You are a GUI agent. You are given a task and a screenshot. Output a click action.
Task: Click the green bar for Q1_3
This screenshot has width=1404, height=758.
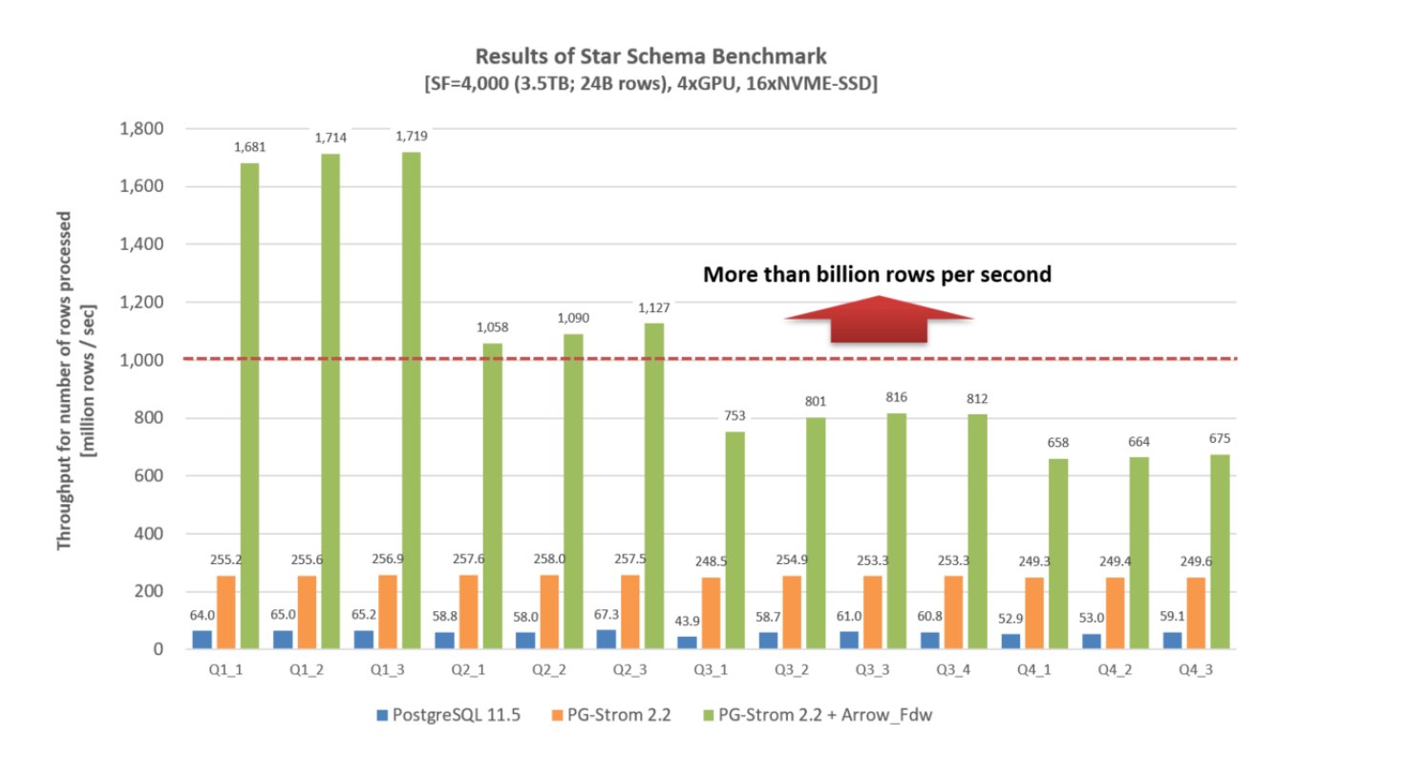click(x=411, y=401)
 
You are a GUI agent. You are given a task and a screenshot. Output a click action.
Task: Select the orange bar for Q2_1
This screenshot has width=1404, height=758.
click(x=469, y=612)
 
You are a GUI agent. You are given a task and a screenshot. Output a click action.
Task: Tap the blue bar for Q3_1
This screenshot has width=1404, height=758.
click(x=688, y=642)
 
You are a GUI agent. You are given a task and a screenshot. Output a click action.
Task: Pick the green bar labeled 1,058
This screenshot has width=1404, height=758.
click(x=492, y=496)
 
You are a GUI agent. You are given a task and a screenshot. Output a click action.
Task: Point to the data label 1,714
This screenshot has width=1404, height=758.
click(x=330, y=138)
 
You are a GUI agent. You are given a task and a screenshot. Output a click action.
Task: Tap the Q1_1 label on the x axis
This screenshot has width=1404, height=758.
click(x=225, y=670)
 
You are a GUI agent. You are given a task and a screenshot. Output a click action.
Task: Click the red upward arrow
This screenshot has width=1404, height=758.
click(x=878, y=319)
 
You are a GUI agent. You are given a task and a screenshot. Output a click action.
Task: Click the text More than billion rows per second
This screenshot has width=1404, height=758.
click(x=877, y=275)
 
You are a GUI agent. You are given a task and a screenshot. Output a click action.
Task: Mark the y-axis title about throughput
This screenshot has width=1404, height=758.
click(x=74, y=391)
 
